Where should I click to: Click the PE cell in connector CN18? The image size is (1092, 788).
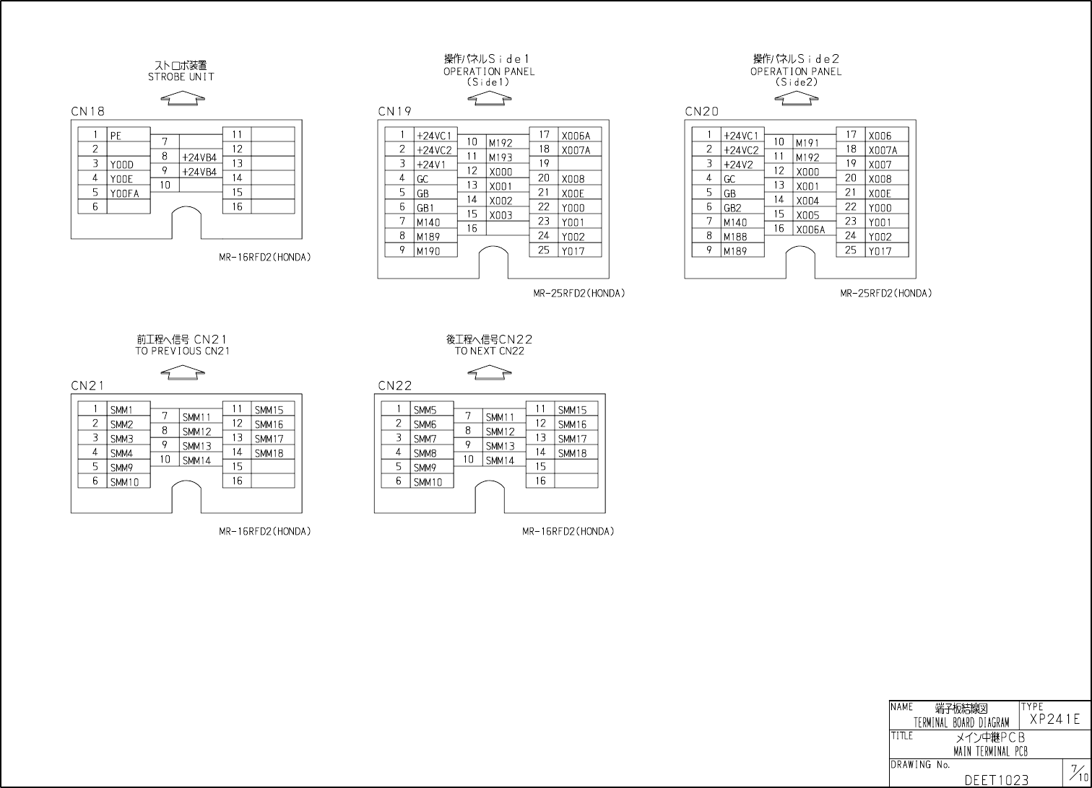click(128, 135)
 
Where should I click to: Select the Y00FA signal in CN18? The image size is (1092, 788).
click(128, 193)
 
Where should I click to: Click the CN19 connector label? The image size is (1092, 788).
click(394, 111)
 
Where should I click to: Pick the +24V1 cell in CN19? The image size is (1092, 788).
click(435, 165)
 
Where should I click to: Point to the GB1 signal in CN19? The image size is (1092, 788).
click(435, 208)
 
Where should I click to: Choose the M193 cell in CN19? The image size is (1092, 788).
click(507, 157)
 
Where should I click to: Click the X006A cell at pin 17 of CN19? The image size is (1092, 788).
click(579, 136)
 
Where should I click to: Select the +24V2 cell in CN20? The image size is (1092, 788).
click(742, 165)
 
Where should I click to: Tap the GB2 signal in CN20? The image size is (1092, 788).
click(742, 208)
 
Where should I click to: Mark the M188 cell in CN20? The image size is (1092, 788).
click(742, 237)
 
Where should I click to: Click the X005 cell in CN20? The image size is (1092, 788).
click(814, 215)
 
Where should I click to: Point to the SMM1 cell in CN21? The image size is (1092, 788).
click(128, 410)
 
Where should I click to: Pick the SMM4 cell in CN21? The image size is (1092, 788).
click(128, 453)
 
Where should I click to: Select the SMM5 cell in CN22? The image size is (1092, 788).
click(431, 410)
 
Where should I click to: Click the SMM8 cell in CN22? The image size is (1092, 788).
click(431, 453)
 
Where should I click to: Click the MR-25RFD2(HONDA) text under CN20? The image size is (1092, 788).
click(885, 294)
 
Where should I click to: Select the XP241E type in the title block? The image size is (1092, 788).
click(1054, 719)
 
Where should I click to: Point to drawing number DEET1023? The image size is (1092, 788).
click(996, 780)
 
